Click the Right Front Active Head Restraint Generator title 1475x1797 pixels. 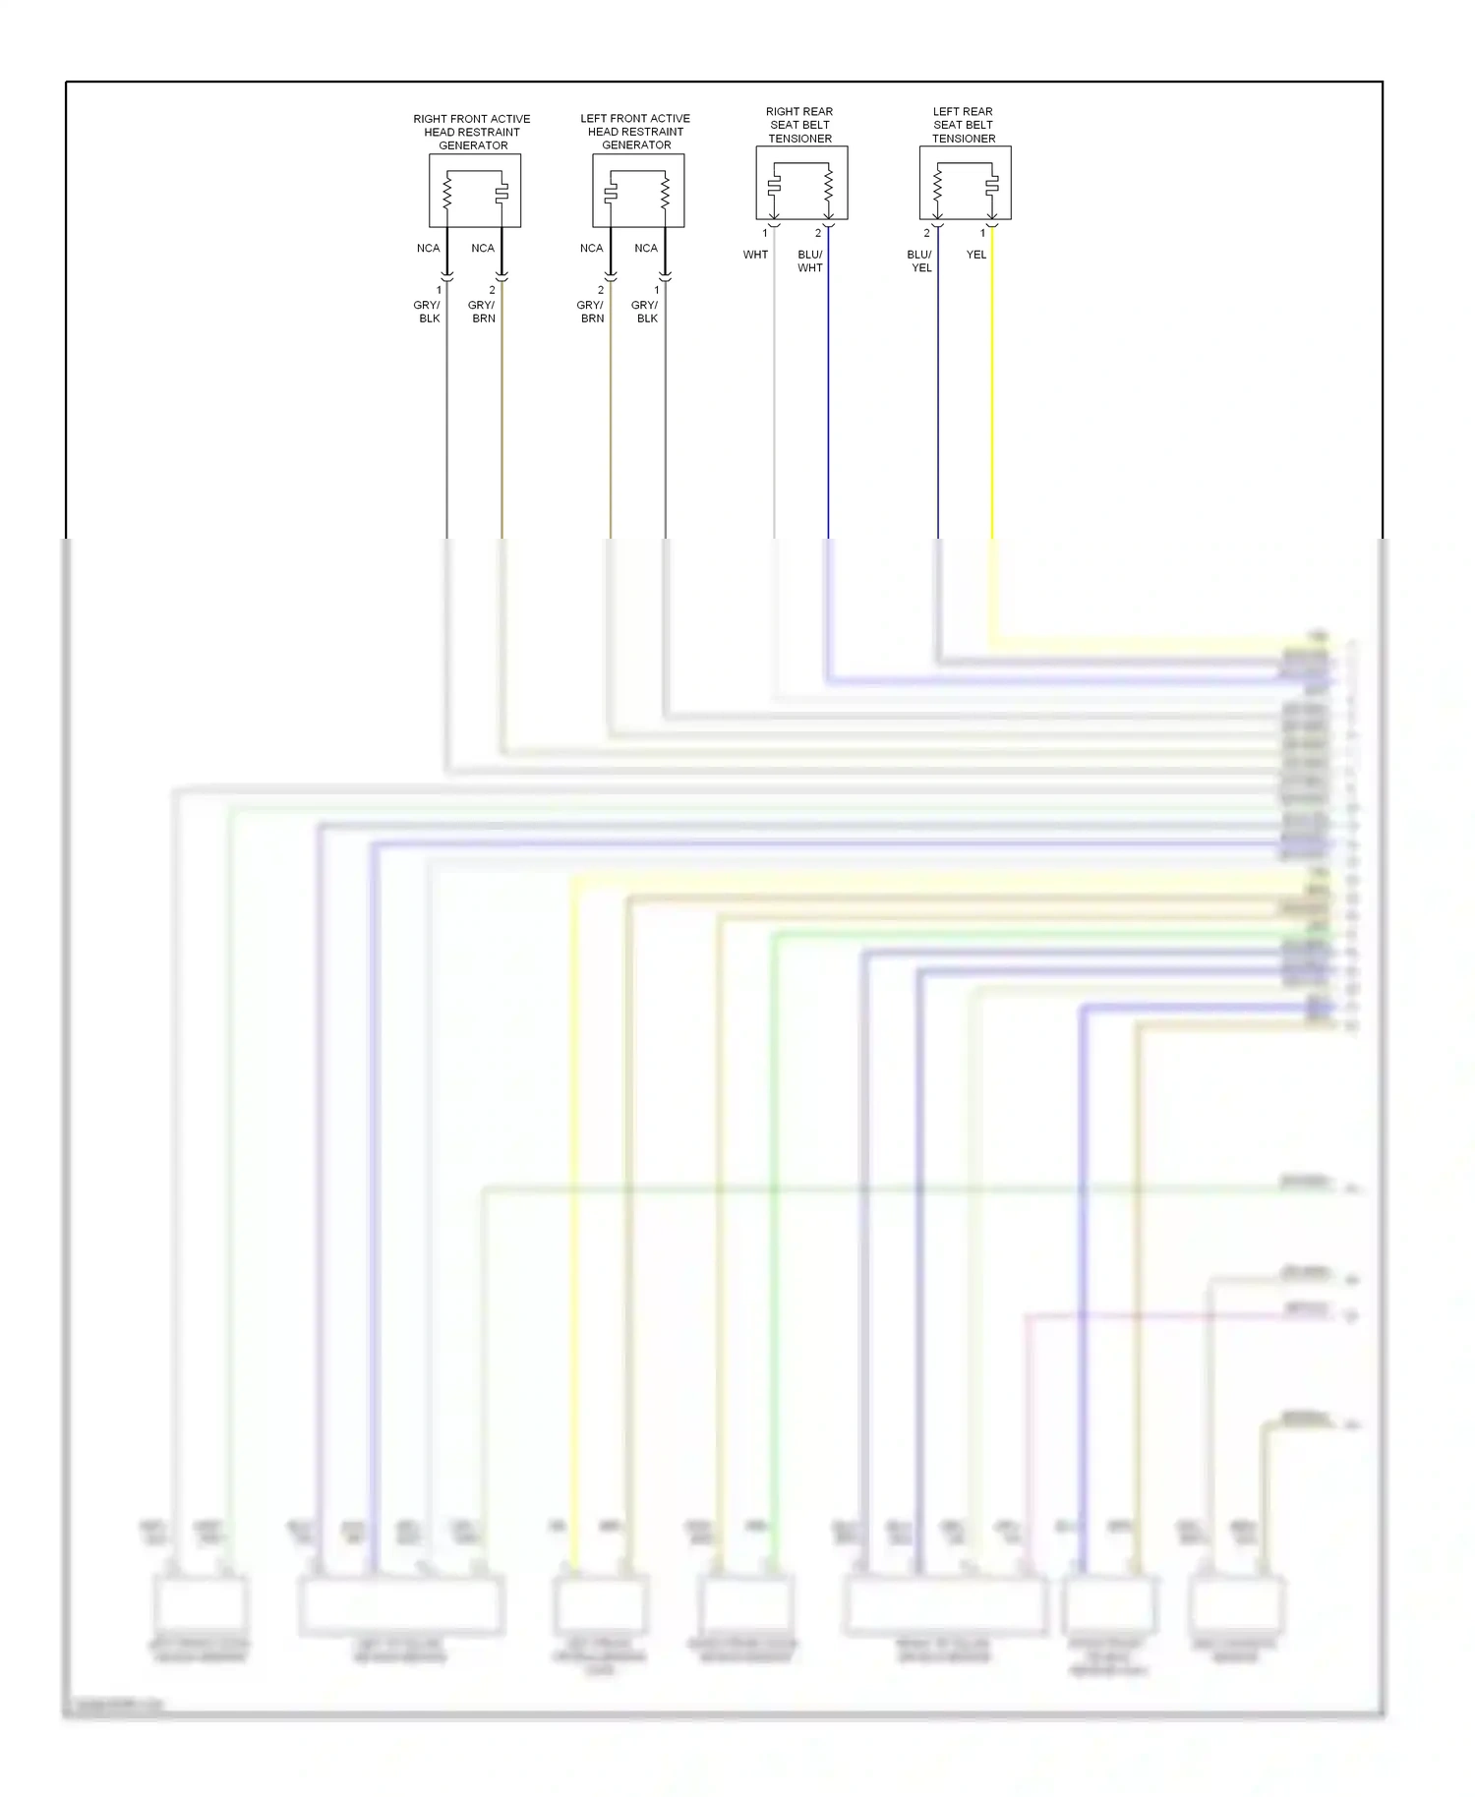472,132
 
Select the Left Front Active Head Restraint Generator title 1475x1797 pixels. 635,132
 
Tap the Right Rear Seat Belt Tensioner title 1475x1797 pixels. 799,125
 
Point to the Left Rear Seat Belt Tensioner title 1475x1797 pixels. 963,125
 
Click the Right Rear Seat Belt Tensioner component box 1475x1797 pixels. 801,184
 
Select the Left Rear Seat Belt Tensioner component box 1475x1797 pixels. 965,184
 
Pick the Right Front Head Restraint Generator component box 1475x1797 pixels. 475,191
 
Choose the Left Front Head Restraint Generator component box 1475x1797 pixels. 638,191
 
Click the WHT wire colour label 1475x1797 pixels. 755,255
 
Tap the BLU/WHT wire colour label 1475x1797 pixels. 810,261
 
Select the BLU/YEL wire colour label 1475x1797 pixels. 920,261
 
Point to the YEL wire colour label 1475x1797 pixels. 975,255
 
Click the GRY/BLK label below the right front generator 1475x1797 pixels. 428,312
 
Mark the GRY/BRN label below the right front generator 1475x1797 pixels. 482,312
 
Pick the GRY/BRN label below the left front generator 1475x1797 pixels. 591,312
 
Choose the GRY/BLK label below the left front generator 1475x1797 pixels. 646,312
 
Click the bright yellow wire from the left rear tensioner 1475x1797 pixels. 991,413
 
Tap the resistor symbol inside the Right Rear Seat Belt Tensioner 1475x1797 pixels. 828,183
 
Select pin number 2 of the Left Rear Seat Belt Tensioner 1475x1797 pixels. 926,233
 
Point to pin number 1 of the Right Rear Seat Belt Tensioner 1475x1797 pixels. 764,233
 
